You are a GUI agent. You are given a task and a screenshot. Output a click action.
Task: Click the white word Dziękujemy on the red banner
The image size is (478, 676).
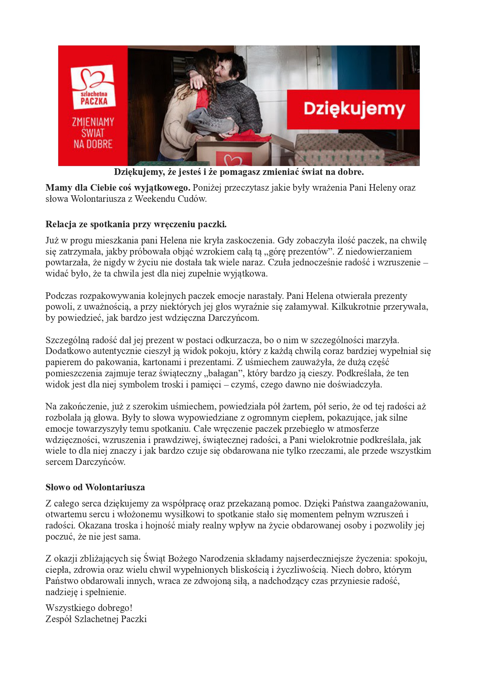point(354,109)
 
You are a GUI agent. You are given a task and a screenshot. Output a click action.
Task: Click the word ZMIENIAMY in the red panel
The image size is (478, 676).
point(93,122)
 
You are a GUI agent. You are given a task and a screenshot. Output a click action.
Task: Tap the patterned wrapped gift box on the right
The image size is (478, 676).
point(339,150)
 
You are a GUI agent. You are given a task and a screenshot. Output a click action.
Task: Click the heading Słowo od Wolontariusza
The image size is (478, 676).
point(95,487)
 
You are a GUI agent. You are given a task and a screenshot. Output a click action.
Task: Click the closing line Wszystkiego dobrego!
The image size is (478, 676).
point(89,608)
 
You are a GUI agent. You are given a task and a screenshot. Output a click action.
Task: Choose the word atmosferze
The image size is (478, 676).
point(358,429)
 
